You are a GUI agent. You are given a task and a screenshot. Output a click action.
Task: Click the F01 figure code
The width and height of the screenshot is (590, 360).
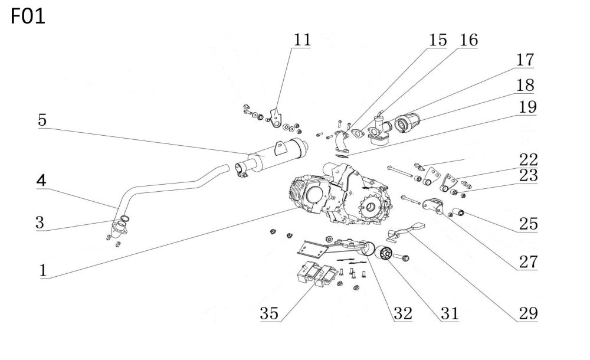[28, 17]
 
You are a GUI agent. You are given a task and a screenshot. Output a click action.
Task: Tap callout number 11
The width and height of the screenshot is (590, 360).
[302, 40]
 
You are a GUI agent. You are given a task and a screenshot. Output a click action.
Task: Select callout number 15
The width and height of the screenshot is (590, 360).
[438, 40]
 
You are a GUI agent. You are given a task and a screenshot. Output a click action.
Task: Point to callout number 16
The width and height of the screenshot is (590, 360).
[469, 40]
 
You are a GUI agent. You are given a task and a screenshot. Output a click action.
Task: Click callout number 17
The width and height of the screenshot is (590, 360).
[525, 60]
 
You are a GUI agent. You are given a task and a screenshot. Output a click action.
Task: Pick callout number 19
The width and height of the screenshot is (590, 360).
[527, 107]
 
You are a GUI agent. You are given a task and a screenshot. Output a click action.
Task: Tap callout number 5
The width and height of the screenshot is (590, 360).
[42, 120]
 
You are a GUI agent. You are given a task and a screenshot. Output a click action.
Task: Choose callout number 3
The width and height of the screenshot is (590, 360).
[40, 222]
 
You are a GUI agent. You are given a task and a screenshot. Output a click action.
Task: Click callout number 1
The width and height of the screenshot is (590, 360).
[43, 270]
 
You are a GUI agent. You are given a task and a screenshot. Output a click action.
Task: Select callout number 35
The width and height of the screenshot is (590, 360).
[269, 313]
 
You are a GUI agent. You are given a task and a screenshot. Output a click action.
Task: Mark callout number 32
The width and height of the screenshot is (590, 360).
[403, 313]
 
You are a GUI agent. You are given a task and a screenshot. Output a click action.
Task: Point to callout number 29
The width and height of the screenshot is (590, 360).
[528, 313]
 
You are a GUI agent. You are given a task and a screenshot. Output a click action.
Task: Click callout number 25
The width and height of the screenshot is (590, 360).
[528, 224]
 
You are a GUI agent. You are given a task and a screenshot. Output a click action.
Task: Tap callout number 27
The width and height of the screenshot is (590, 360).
[528, 262]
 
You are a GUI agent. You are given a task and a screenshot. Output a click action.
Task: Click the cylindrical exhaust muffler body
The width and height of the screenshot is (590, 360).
[278, 155]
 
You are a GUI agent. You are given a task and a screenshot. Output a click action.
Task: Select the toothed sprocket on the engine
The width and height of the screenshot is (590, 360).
[372, 206]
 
